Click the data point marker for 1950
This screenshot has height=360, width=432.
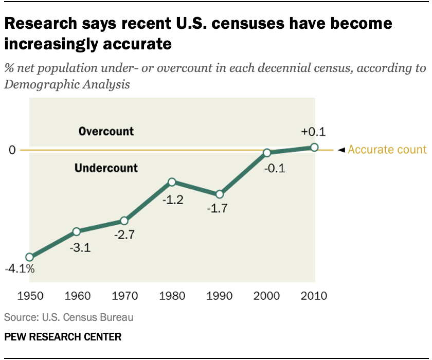coord(29,257)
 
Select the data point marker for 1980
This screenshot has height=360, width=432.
coord(172,182)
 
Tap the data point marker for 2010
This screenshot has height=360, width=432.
coord(314,148)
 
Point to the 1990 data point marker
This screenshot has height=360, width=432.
coord(220,194)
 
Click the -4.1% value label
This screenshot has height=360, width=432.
coord(20,268)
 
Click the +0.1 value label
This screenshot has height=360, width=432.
coord(314,132)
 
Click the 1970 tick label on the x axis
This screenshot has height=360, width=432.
coord(124,296)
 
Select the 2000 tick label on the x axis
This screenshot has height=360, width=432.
coord(267,296)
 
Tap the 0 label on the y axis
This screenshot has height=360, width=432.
coord(11,150)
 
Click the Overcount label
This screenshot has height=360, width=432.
coord(106,131)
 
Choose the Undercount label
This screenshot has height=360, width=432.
coord(106,168)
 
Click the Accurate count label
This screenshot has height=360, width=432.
coord(387,150)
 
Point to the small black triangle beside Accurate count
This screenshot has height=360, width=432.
coord(340,150)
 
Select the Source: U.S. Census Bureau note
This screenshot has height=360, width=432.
coord(68,317)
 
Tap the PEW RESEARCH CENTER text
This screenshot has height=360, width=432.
coord(63,337)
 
